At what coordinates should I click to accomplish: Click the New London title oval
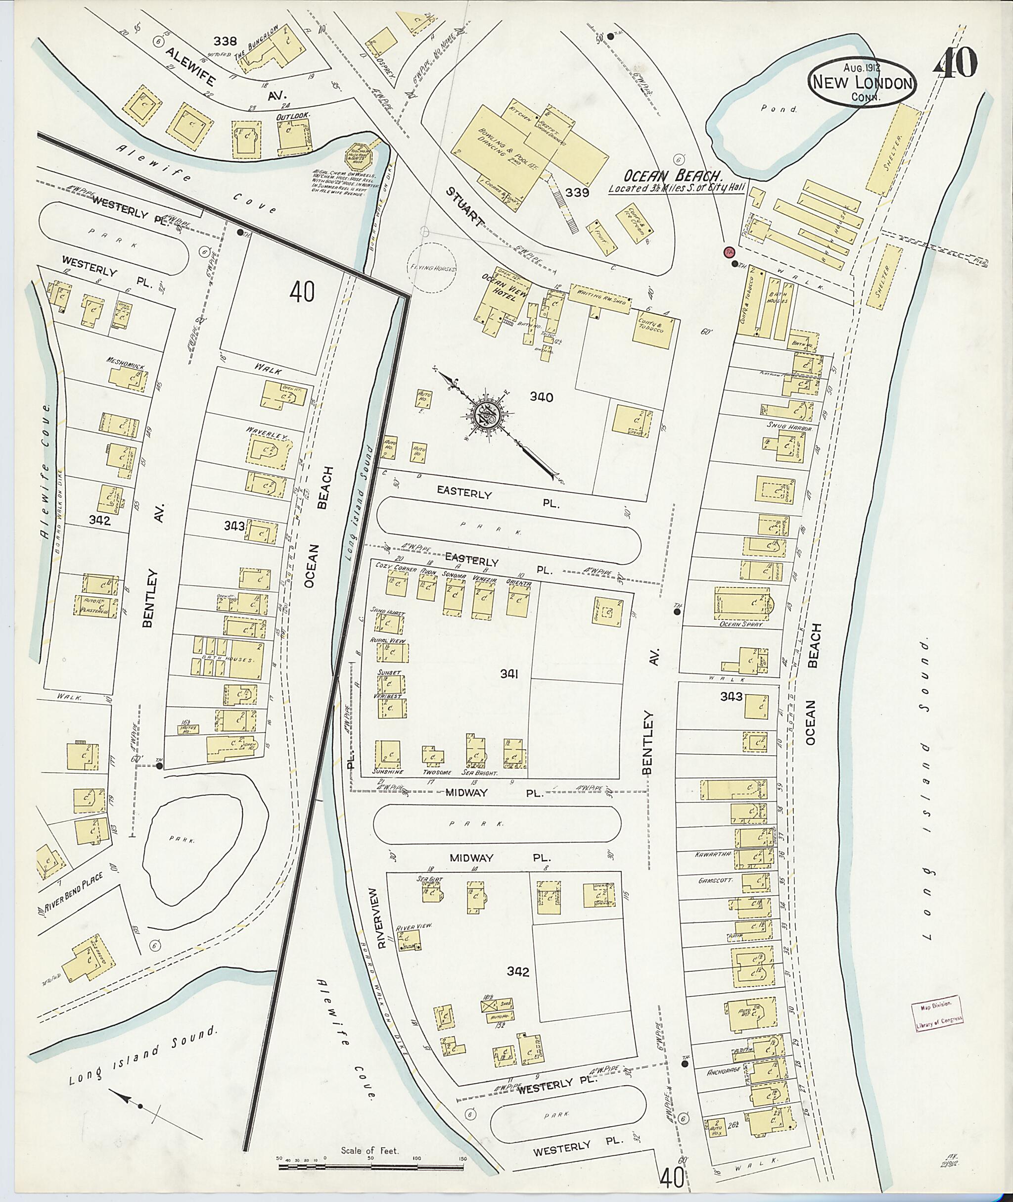pyautogui.click(x=863, y=82)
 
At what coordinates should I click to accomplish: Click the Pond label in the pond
pyautogui.click(x=779, y=108)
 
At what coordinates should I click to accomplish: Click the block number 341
pyautogui.click(x=509, y=674)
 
